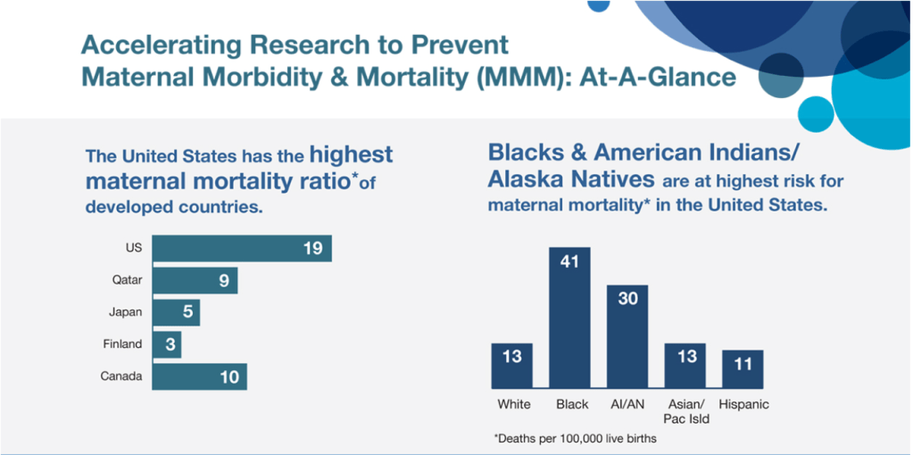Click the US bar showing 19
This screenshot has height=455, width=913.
point(242,249)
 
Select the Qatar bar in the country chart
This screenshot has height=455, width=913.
point(195,281)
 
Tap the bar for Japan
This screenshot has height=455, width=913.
point(176,313)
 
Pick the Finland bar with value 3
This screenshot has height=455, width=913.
point(167,345)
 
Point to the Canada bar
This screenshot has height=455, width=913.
point(199,376)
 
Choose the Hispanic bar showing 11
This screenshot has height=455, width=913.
point(743,368)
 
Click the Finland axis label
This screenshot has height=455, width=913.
point(122,345)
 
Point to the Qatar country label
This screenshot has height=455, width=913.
point(127,281)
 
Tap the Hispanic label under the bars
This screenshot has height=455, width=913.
point(743,404)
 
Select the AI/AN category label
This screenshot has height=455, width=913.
point(627,404)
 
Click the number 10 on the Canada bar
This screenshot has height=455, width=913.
point(229,377)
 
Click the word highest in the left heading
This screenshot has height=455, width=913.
point(351,154)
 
